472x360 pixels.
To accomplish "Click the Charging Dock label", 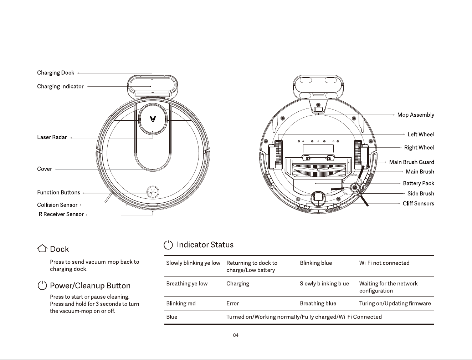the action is pos(56,73).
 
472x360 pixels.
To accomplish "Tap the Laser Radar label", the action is pos(52,137).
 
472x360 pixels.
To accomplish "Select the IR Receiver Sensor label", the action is pos(60,214).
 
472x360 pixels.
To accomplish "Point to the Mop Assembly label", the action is pos(416,115).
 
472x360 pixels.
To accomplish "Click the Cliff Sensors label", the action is pos(418,204).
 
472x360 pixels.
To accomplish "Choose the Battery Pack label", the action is pos(419,183).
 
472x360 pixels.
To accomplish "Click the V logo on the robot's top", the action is pos(153,119).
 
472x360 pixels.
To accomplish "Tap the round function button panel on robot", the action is pos(153,192).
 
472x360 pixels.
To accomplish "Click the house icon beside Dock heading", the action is pos(42,248).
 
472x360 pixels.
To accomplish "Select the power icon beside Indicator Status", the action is pos(168,245).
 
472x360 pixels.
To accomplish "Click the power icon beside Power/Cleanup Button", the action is pos(42,285).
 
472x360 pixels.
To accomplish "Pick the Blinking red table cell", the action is pos(181,303).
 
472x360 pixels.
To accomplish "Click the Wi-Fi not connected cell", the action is pos(384,263).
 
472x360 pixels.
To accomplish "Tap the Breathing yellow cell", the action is pos(187,284).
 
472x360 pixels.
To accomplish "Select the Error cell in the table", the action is pos(233,303).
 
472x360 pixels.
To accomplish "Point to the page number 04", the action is pos(236,335).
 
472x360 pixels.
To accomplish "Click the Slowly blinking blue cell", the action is pos(324,284).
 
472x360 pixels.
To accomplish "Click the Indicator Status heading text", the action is pos(205,245).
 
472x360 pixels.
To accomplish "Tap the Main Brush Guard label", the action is pos(412,162).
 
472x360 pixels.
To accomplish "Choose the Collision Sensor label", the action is pos(57,205).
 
